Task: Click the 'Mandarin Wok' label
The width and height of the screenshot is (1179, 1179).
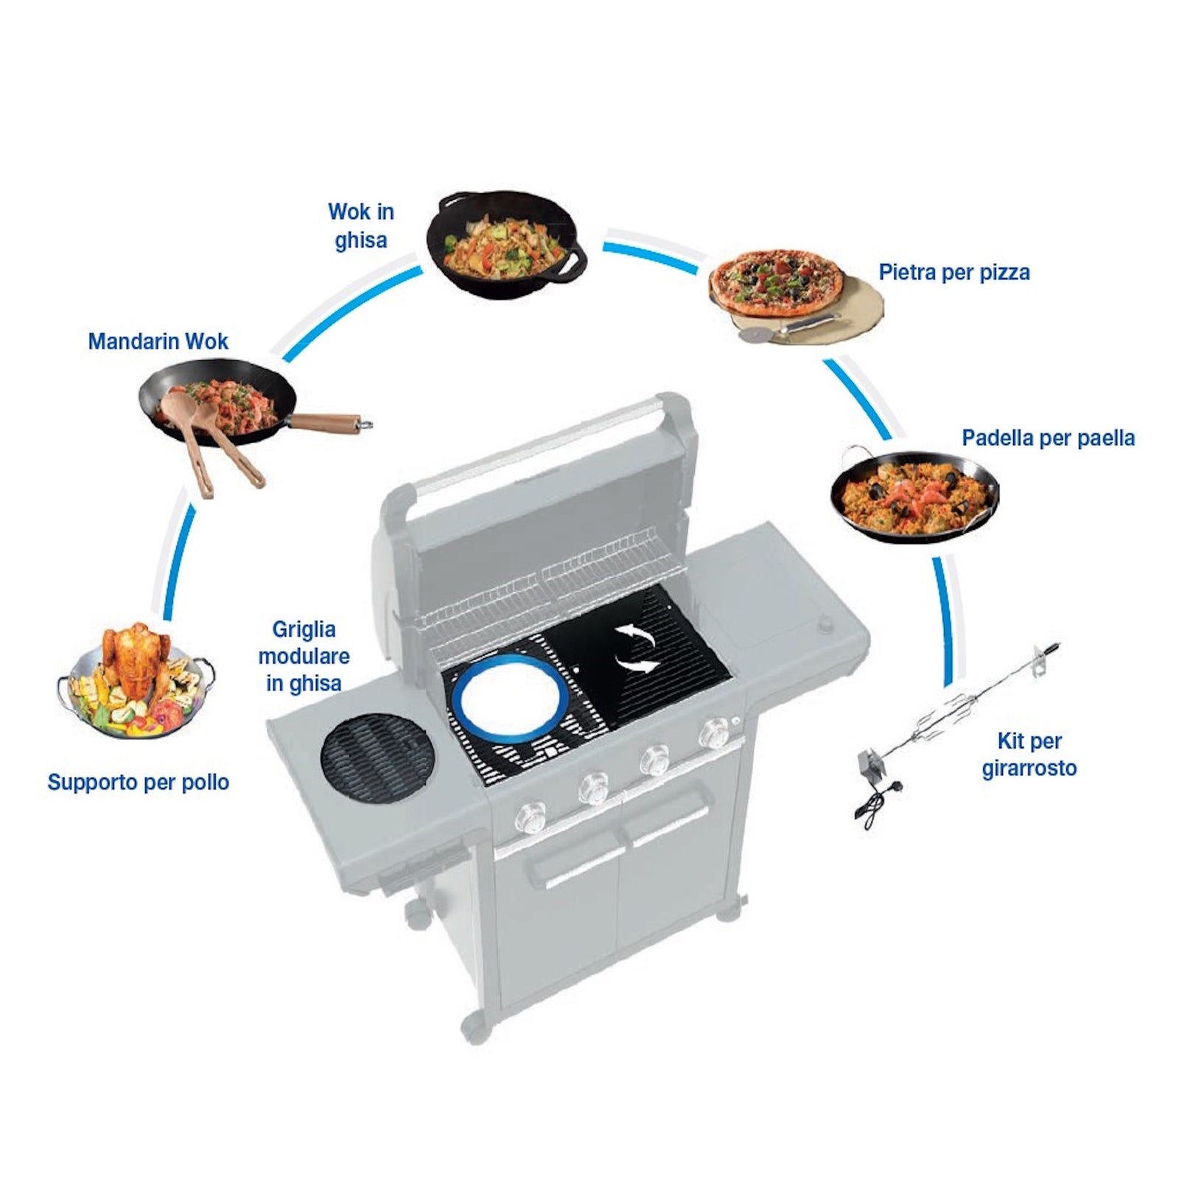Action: tap(158, 342)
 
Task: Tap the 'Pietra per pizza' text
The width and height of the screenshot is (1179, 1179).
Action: tap(954, 273)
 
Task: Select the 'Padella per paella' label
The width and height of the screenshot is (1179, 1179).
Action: tap(1048, 438)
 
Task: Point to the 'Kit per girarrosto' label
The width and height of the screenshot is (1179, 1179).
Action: tap(1029, 755)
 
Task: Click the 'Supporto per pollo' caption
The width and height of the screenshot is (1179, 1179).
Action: tap(138, 783)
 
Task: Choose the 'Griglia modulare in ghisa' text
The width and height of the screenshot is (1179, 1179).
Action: tap(304, 656)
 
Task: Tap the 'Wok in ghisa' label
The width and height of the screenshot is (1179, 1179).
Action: tap(361, 225)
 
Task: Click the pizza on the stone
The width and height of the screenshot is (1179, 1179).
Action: tap(777, 282)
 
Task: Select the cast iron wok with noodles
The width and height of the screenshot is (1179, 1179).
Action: tap(506, 244)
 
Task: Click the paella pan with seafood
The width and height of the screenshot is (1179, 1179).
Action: tap(914, 494)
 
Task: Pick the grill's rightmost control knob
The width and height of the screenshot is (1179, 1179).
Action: tap(713, 733)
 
